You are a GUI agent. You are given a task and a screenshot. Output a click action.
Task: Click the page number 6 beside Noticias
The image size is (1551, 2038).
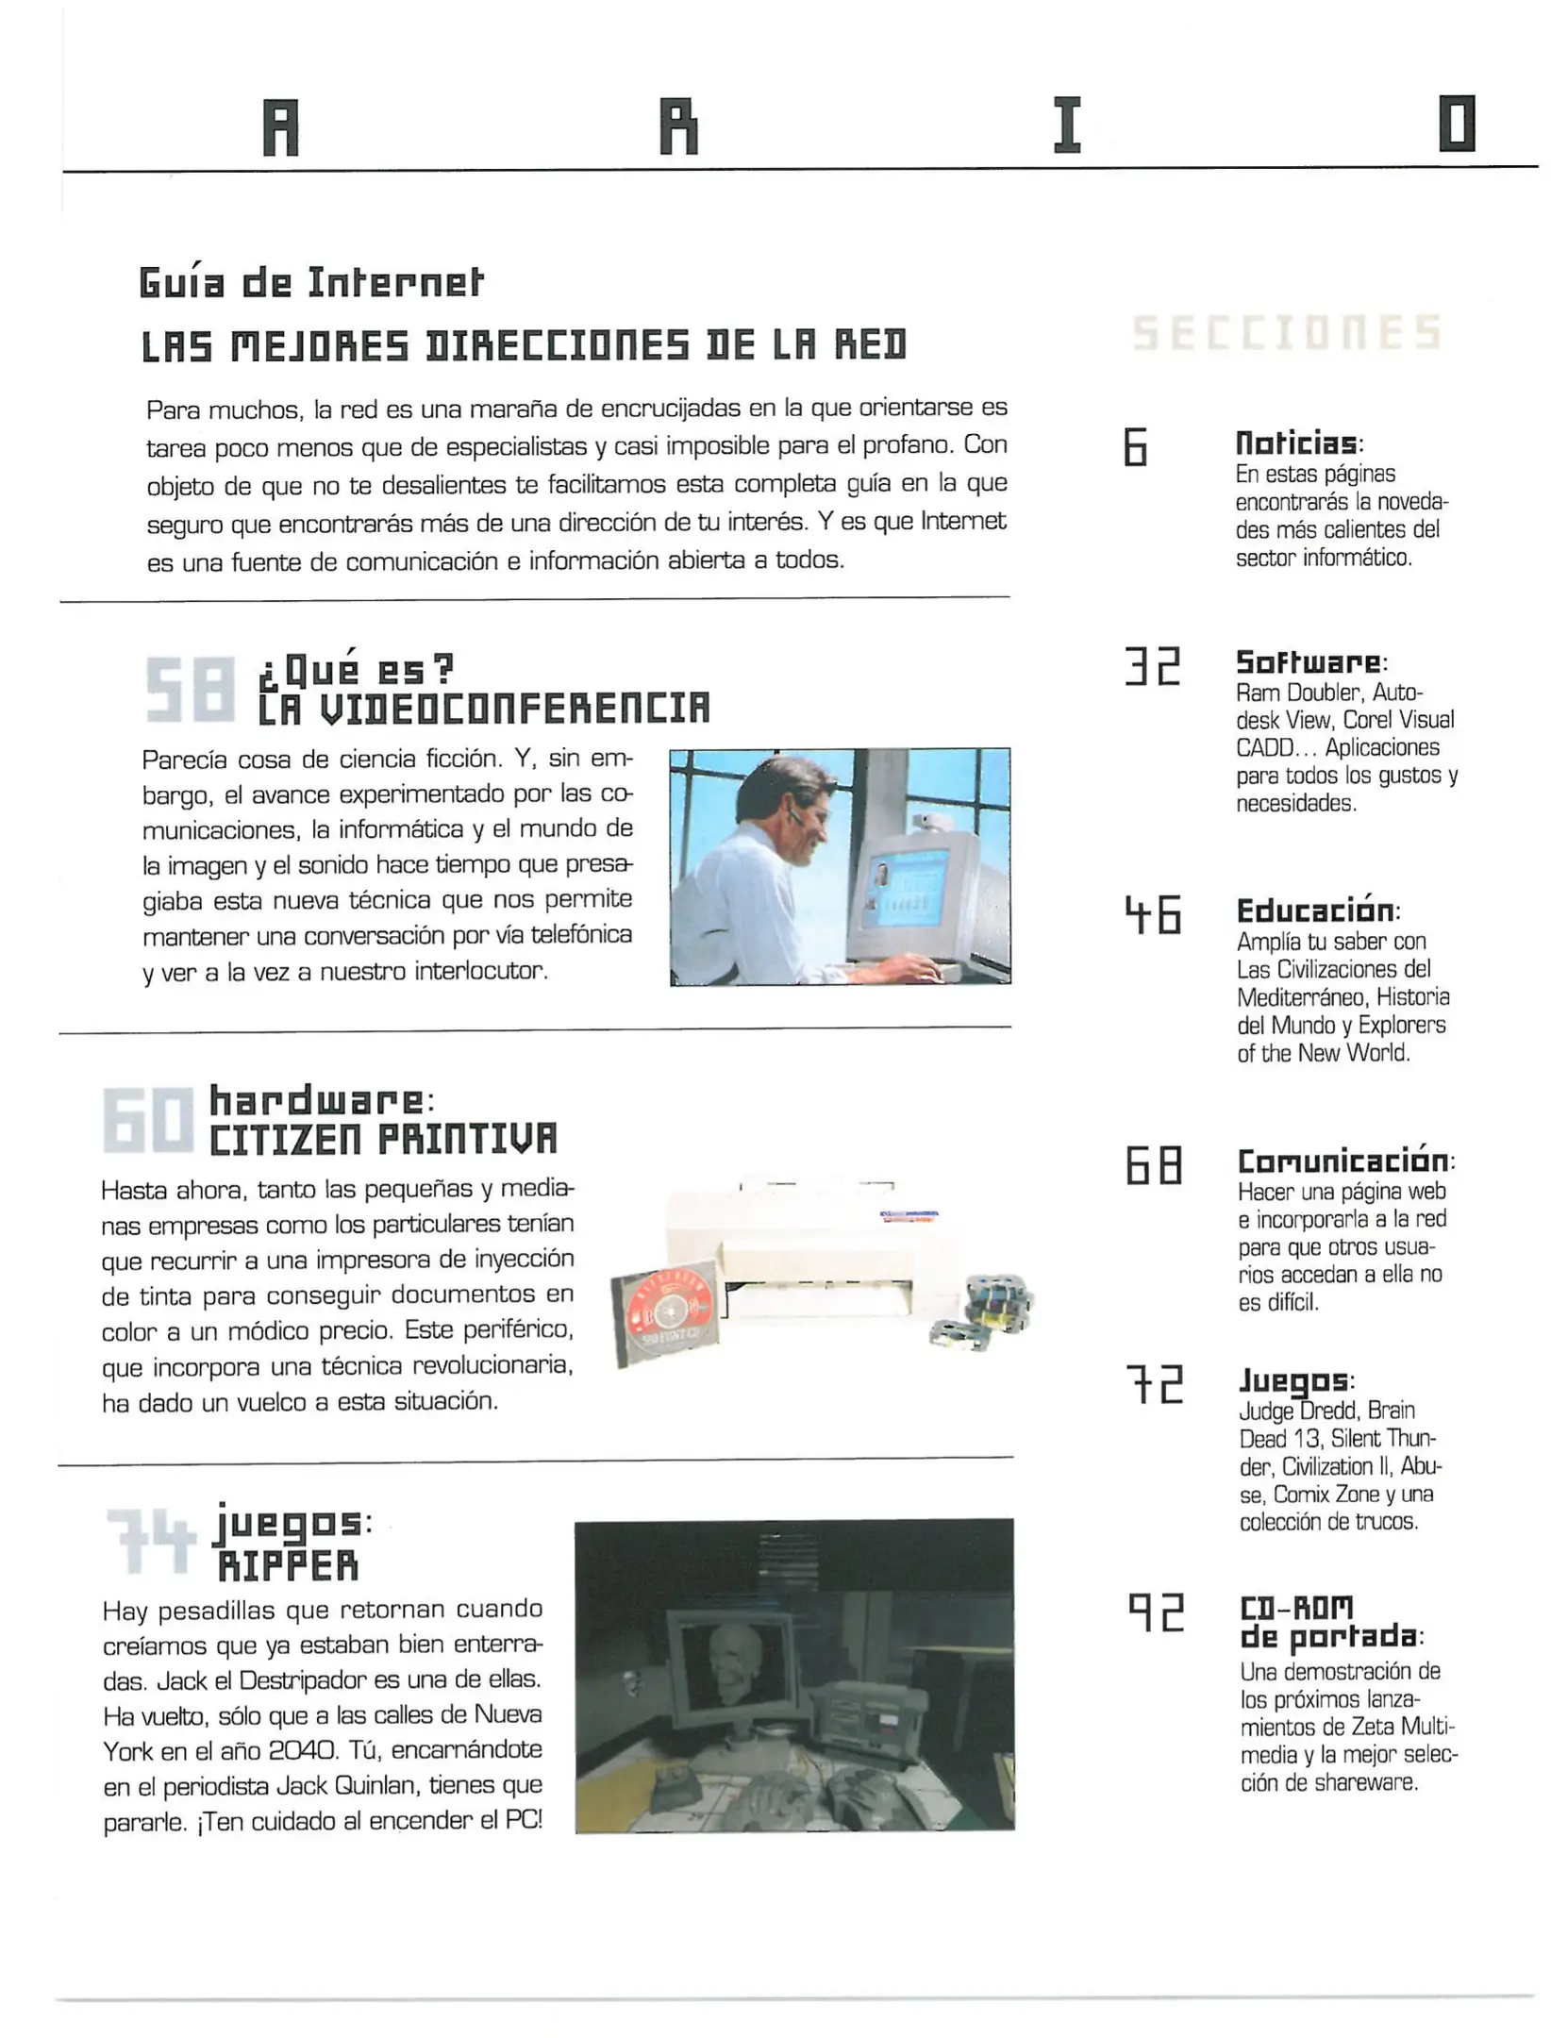pyautogui.click(x=1135, y=446)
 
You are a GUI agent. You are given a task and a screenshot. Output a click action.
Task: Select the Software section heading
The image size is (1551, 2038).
pyautogui.click(x=1309, y=662)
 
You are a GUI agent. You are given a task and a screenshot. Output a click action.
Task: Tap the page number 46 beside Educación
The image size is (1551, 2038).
pyautogui.click(x=1152, y=913)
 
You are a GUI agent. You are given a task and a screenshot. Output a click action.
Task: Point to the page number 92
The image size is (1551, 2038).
pyautogui.click(x=1156, y=1612)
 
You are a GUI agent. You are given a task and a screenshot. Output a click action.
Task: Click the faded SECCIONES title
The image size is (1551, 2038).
pyautogui.click(x=1287, y=333)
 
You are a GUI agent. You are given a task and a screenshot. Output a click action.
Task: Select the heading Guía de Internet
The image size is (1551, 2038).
pyautogui.click(x=311, y=282)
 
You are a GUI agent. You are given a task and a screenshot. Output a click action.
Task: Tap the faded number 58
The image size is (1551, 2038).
pyautogui.click(x=190, y=689)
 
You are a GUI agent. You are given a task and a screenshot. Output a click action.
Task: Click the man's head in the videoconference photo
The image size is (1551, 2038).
pyautogui.click(x=785, y=802)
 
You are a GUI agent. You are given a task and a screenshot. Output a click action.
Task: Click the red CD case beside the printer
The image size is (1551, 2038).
pyautogui.click(x=665, y=1311)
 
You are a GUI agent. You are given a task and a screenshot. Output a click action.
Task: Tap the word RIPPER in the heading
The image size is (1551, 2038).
pyautogui.click(x=288, y=1566)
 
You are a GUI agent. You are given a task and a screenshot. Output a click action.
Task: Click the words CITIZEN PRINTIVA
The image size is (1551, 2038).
pyautogui.click(x=383, y=1139)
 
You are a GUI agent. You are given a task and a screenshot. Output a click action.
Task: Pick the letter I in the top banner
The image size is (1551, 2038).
pyautogui.click(x=1066, y=125)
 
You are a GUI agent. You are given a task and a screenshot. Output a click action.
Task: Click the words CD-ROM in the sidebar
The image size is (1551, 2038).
pyautogui.click(x=1295, y=1606)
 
